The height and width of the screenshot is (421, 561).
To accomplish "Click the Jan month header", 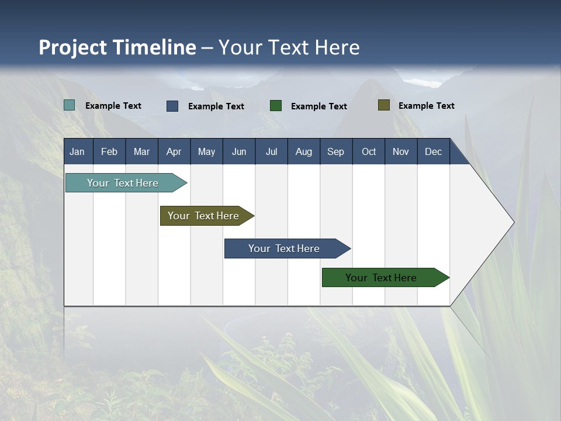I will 78,151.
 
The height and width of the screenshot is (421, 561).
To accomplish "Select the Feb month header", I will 109,151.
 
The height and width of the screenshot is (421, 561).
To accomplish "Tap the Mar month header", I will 141,151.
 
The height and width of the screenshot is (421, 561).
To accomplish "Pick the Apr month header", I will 174,151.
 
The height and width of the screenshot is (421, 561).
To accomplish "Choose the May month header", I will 206,151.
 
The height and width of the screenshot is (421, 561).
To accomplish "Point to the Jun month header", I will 239,151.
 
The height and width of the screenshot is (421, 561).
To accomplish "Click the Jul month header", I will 271,151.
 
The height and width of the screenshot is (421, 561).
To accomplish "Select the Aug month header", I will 304,151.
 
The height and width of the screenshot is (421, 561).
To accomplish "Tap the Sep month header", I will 336,151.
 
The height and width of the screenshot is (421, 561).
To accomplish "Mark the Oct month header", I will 369,151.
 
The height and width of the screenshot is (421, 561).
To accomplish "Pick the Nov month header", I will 401,151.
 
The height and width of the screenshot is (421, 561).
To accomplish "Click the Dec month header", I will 434,151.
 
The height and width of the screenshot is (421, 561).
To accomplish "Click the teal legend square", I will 70,105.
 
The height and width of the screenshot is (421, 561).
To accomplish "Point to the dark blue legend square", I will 172,106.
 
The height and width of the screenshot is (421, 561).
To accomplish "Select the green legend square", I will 276,106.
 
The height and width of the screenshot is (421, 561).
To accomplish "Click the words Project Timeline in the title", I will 117,47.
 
